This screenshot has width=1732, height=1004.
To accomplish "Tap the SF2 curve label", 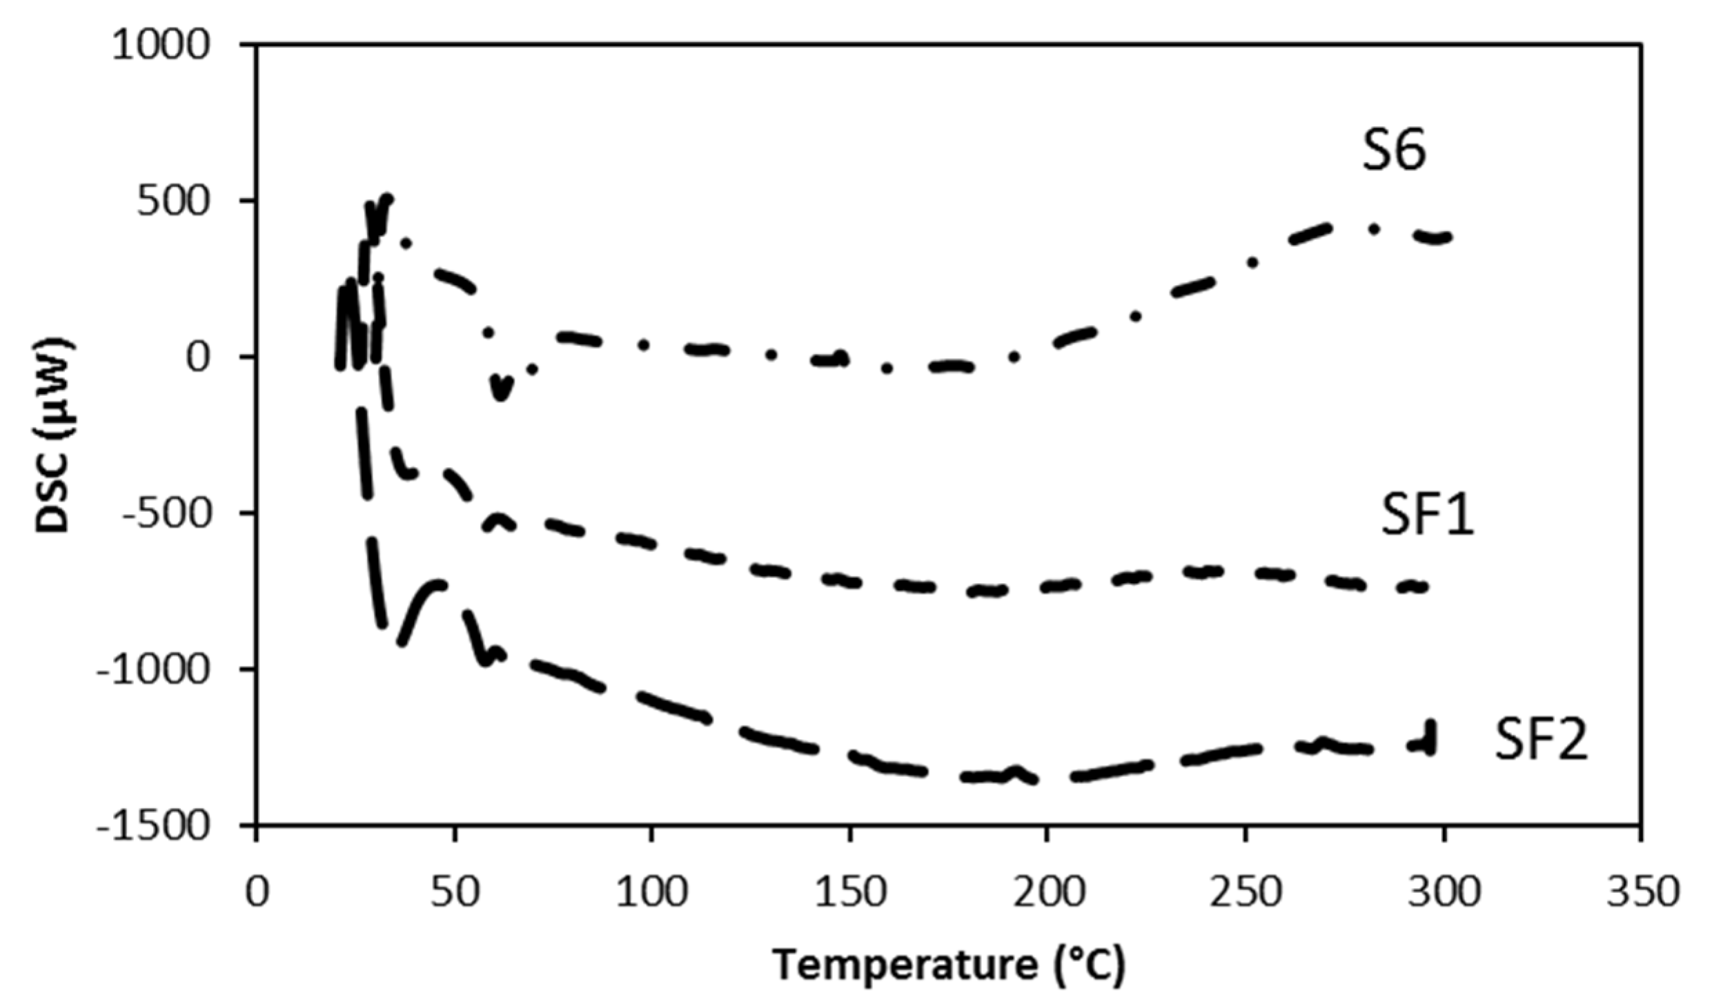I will (1541, 739).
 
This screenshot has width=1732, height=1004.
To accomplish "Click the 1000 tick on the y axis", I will (160, 46).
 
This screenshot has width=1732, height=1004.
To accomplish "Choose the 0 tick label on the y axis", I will (197, 357).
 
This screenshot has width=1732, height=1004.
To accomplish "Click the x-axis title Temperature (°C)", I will (948, 965).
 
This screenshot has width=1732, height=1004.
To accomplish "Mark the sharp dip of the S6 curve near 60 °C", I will (501, 393).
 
